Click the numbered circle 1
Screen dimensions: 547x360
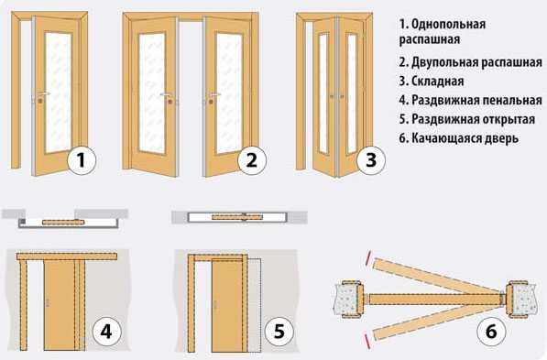(82, 160)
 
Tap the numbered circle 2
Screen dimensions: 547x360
(252, 160)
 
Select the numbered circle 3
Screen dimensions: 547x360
(371, 160)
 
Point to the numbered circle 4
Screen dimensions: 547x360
(106, 332)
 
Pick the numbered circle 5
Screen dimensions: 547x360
(279, 332)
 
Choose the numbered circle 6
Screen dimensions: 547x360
(491, 332)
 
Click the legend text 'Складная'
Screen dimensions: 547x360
(437, 82)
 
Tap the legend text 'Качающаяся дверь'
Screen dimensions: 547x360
(465, 138)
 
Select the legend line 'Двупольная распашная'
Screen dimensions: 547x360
(471, 62)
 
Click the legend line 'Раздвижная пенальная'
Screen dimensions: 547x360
(471, 100)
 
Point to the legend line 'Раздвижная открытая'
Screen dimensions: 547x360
(467, 119)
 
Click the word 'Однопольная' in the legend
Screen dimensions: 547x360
(448, 25)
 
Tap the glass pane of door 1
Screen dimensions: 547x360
(58, 93)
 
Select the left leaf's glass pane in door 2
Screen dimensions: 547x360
(152, 93)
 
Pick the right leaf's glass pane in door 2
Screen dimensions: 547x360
(229, 93)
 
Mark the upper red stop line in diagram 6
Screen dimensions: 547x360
(368, 258)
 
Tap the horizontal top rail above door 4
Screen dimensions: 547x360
(67, 256)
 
